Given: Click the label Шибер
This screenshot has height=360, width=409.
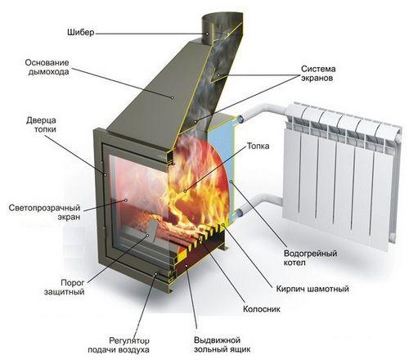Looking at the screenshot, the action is [x=81, y=33].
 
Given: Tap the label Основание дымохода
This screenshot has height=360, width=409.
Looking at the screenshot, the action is [x=47, y=67].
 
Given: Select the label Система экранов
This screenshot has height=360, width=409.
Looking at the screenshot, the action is [x=318, y=74].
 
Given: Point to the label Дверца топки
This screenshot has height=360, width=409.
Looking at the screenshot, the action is [x=41, y=124].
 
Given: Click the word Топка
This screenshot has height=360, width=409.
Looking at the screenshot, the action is [x=258, y=146].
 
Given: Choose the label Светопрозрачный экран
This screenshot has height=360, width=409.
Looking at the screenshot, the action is [x=45, y=213].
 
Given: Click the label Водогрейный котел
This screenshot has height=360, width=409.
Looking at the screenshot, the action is [x=310, y=258].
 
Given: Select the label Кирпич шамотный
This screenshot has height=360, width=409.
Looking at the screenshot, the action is [x=312, y=289].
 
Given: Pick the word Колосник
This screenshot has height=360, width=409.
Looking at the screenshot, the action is [x=262, y=309].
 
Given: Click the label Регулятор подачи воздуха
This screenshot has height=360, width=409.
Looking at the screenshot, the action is [x=119, y=345].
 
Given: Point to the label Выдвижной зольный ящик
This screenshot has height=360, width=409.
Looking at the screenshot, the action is [x=222, y=344].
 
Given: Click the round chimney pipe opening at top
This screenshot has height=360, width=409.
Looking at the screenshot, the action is [x=222, y=18].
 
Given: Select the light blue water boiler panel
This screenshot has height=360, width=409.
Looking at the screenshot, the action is [x=221, y=169].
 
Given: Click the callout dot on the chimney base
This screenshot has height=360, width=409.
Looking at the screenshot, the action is [x=172, y=97].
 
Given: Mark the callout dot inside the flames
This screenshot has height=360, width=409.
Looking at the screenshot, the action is [x=185, y=191].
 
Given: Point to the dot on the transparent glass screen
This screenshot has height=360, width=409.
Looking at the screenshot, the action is [x=126, y=200].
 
